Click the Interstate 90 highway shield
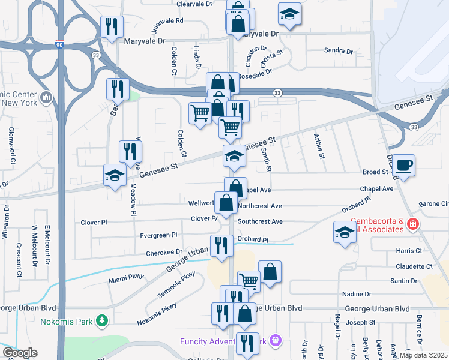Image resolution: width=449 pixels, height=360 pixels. [x=58, y=45]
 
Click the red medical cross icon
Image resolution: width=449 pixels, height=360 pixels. [x=412, y=225]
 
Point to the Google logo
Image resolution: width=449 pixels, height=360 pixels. [x=20, y=353]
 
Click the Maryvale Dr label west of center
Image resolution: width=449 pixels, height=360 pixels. [x=144, y=41]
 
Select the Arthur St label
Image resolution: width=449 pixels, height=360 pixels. [x=319, y=147]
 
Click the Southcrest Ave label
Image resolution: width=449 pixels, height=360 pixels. [x=260, y=221]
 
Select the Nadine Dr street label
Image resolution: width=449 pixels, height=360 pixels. [x=357, y=294]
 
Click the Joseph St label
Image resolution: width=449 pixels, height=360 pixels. [x=360, y=322]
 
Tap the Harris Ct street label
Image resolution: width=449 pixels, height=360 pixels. [x=409, y=250]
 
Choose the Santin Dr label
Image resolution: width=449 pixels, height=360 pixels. [x=403, y=281]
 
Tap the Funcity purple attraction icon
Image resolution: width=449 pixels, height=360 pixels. [x=276, y=341]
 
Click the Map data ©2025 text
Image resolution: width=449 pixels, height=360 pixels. [x=423, y=355]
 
